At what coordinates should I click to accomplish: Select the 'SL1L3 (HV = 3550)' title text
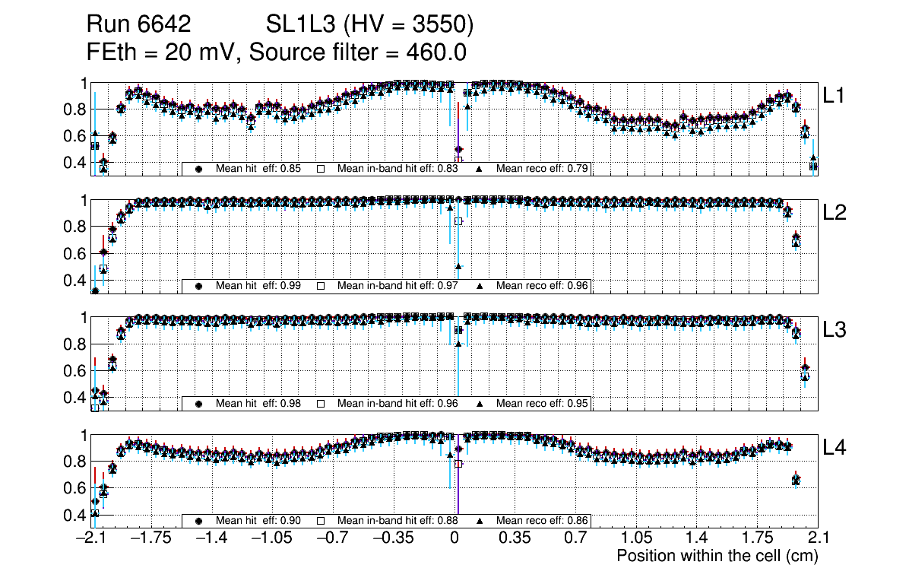(370, 26)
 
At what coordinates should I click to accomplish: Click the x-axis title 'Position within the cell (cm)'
(717, 556)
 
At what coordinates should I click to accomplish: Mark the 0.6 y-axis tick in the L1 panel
(76, 136)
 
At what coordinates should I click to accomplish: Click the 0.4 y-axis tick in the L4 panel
(76, 515)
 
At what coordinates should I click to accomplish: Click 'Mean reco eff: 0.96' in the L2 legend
(543, 286)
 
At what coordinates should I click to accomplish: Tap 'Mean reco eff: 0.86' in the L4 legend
(543, 521)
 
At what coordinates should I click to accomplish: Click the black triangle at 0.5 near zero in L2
(458, 266)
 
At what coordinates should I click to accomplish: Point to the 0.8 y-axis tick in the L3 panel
(76, 344)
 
